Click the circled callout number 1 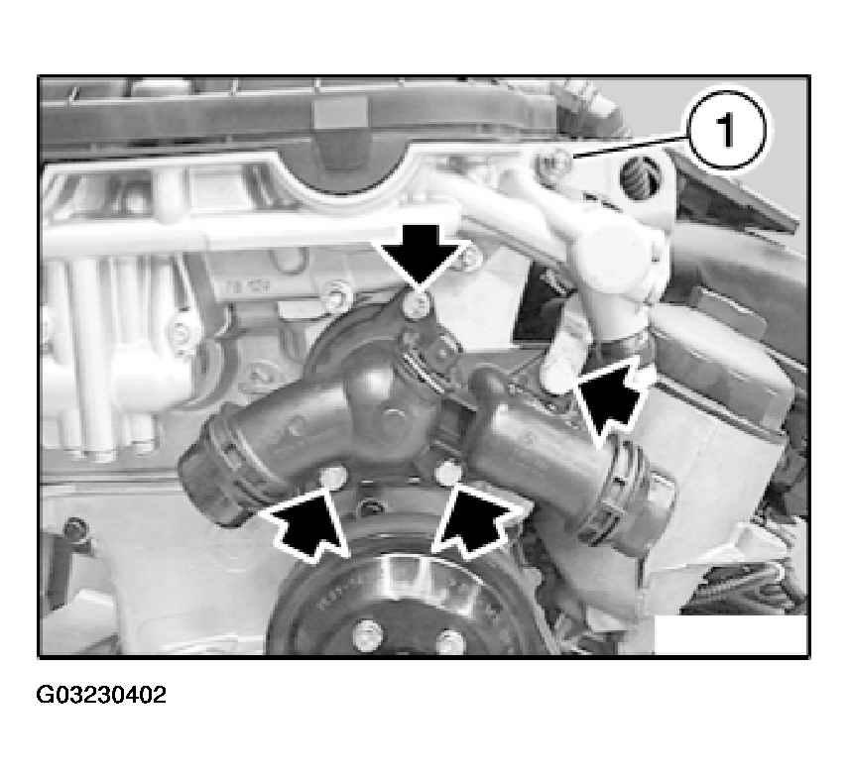click(726, 131)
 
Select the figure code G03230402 click(101, 695)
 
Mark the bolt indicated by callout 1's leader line click(552, 162)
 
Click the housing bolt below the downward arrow click(418, 304)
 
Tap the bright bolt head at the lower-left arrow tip click(333, 476)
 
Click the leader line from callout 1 click(630, 147)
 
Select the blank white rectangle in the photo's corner click(730, 634)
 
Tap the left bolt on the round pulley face click(368, 636)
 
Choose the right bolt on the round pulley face click(449, 642)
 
